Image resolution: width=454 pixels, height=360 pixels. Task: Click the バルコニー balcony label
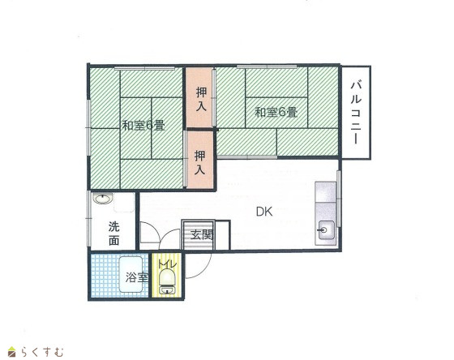pyautogui.click(x=356, y=113)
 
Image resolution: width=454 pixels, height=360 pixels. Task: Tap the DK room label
pyautogui.click(x=264, y=212)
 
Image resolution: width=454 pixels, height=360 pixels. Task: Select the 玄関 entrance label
pyautogui.click(x=202, y=235)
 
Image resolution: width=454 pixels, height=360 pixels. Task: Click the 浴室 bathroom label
pyautogui.click(x=137, y=278)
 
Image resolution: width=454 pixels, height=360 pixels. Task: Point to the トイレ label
pyautogui.click(x=167, y=264)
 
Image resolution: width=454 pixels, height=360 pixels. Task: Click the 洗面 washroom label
pyautogui.click(x=114, y=234)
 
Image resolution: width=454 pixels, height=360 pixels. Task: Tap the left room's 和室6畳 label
pyautogui.click(x=143, y=126)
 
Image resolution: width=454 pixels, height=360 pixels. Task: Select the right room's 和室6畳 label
pyautogui.click(x=276, y=112)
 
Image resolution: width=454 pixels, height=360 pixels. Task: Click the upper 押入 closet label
pyautogui.click(x=202, y=99)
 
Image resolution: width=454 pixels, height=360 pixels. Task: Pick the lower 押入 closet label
pyautogui.click(x=199, y=162)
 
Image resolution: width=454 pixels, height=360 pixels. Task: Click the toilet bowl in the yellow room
pyautogui.click(x=168, y=277)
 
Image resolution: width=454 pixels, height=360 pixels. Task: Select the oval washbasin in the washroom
pyautogui.click(x=101, y=199)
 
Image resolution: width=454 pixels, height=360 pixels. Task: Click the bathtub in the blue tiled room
pyautogui.click(x=131, y=275)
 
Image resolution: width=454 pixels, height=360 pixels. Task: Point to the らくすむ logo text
pyautogui.click(x=41, y=352)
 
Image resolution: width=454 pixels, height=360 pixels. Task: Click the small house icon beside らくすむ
pyautogui.click(x=12, y=352)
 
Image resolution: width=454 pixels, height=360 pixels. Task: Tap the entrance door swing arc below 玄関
pyautogui.click(x=203, y=272)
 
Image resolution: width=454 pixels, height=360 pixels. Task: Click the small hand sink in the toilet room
pyautogui.click(x=166, y=290)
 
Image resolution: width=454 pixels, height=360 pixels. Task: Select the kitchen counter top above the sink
pyautogui.click(x=326, y=192)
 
